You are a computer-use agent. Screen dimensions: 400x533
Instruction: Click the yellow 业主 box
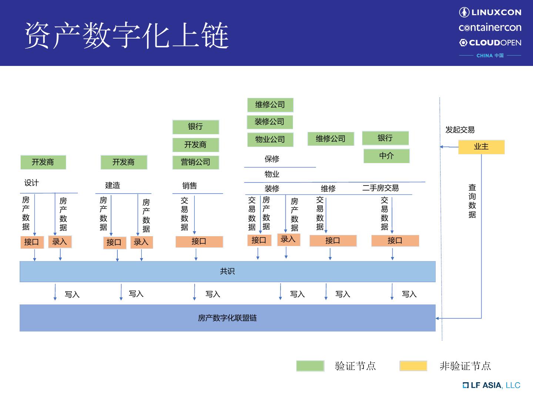click(481, 147)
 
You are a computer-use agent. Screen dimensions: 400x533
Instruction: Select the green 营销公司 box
click(195, 162)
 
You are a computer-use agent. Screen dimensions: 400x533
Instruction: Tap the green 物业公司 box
click(270, 140)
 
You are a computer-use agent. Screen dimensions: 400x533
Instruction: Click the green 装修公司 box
click(270, 122)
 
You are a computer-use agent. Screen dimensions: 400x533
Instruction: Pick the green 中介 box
click(386, 156)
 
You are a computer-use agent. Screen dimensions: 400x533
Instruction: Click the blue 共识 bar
click(227, 271)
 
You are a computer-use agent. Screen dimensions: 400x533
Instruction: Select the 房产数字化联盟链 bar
click(227, 318)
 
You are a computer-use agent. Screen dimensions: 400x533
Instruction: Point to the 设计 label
click(31, 183)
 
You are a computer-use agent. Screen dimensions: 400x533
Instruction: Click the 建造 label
click(113, 186)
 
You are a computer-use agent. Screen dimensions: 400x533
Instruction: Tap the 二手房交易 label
click(381, 188)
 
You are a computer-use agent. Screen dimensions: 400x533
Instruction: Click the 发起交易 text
click(460, 130)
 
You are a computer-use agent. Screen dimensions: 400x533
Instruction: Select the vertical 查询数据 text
click(472, 201)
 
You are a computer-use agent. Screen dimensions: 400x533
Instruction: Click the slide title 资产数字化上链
click(127, 35)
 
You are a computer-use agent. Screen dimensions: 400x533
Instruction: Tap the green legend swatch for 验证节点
click(310, 366)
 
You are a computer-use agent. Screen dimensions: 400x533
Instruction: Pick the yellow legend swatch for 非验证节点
click(413, 366)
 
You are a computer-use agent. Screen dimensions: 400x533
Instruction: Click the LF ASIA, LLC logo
click(492, 385)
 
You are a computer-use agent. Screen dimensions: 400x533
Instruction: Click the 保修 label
click(272, 159)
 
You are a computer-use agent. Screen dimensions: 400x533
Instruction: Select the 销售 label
click(190, 186)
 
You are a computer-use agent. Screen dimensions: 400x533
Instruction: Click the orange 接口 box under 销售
click(199, 241)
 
